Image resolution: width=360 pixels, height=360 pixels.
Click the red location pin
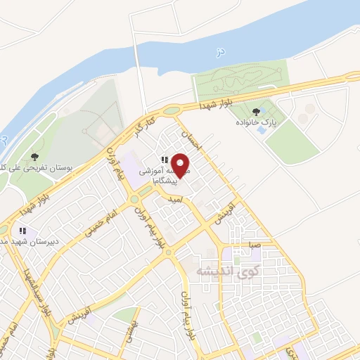click(181, 165)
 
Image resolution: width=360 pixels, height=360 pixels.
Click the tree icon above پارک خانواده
click(255, 110)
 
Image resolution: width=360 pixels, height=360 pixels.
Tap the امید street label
click(175, 200)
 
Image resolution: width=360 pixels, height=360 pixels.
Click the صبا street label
click(253, 245)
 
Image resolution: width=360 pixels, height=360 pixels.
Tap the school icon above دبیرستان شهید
click(22, 230)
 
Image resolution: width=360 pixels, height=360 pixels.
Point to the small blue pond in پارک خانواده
click(262, 130)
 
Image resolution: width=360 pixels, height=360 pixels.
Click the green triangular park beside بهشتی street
click(124, 316)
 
